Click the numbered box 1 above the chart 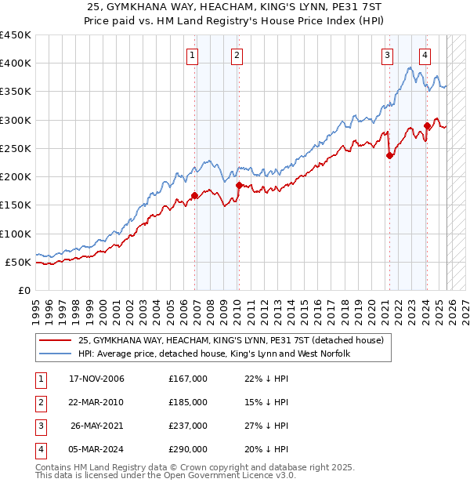pos(192,55)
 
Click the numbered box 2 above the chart pos(236,55)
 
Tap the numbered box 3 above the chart pos(387,55)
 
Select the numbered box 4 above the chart pos(424,55)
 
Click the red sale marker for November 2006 pos(194,196)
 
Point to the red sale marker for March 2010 pos(239,185)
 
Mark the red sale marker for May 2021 pos(389,155)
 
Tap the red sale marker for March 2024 pos(427,125)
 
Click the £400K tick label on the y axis pos(16,63)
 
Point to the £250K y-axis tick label pos(16,148)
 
